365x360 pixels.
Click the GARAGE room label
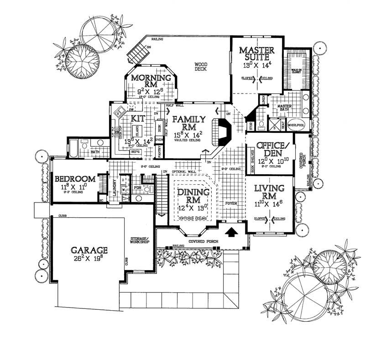pyautogui.click(x=89, y=250)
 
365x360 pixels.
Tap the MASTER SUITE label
pyautogui.click(x=256, y=53)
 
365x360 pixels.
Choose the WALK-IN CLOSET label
pyautogui.click(x=297, y=71)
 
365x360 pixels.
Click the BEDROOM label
pyautogui.click(x=75, y=179)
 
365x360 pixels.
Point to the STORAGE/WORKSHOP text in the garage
pyautogui.click(x=139, y=240)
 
